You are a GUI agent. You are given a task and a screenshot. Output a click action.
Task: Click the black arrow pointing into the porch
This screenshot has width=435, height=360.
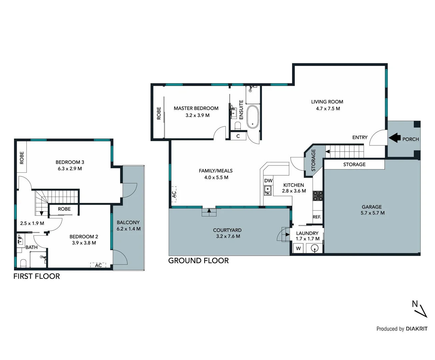click(x=394, y=138)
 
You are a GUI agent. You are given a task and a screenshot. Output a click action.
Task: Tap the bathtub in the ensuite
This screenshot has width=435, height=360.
click(x=253, y=117)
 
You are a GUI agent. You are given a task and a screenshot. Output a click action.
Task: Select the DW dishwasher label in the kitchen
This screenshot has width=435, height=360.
click(x=268, y=181)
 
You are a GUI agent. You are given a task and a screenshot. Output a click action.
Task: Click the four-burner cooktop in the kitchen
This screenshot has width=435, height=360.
click(x=318, y=196)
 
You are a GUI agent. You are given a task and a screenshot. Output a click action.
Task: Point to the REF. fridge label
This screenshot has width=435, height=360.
click(x=317, y=217)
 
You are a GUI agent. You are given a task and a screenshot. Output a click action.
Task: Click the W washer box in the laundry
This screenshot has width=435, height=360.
click(x=298, y=248)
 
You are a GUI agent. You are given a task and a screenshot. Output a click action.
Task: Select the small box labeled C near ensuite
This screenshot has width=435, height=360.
click(x=238, y=136)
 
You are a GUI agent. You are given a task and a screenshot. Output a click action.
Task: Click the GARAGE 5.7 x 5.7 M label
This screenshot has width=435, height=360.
click(x=372, y=210)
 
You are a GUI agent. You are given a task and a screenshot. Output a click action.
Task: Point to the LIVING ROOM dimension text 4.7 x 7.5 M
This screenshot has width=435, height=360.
click(x=328, y=109)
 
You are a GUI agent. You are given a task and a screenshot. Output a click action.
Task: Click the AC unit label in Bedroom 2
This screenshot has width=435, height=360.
click(x=98, y=265)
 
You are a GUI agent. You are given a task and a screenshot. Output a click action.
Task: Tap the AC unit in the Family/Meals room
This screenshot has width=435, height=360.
click(x=174, y=194)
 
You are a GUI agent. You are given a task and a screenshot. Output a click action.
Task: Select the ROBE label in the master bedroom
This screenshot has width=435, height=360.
click(x=159, y=113)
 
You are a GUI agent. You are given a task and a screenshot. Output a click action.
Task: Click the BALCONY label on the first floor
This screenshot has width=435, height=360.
click(x=128, y=222)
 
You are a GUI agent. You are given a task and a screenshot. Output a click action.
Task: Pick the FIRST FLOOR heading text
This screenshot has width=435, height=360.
click(x=37, y=276)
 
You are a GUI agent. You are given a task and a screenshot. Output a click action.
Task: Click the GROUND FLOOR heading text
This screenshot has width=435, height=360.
click(x=198, y=261)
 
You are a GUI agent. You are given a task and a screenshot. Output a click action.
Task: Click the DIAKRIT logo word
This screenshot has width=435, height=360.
click(x=416, y=329)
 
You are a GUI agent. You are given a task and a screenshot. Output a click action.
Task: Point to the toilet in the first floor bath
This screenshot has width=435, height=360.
click(x=23, y=263)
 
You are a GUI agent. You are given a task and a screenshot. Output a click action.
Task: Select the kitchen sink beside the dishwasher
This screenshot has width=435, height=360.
click(x=267, y=190)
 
